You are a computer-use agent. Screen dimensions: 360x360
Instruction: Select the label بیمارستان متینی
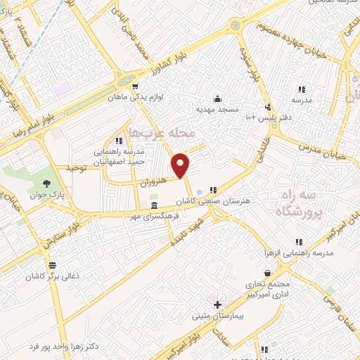[x=217, y=316]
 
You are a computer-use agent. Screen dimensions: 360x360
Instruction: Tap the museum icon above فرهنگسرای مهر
[x=154, y=205]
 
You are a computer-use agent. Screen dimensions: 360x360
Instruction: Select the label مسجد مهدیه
[x=217, y=110]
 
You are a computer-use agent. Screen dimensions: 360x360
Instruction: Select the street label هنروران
[x=153, y=181]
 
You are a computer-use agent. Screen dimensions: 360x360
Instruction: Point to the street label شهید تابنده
[x=191, y=232]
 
